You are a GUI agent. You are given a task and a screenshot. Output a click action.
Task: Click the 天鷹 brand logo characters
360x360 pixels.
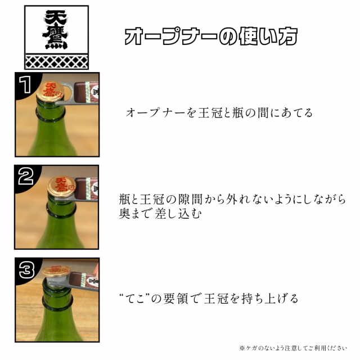coord(55,29)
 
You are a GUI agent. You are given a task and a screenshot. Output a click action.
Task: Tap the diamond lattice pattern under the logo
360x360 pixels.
coord(56,61)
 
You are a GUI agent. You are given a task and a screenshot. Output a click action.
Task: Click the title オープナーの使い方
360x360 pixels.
coord(211,36)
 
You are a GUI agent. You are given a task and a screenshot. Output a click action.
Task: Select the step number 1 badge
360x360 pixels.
coord(25,85)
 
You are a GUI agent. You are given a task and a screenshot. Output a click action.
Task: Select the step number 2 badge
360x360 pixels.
coord(26,176)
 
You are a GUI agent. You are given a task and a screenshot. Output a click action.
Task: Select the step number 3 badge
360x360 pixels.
coord(26,270)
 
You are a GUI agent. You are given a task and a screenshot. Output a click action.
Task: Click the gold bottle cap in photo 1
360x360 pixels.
coord(51,91)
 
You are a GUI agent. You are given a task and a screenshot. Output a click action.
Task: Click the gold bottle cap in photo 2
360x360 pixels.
coord(61,186)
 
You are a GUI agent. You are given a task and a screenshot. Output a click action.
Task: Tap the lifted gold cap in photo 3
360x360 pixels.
coord(56,271)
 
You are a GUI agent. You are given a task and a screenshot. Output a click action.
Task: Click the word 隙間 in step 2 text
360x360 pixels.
coord(190,199)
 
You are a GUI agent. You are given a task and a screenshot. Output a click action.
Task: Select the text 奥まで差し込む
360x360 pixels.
coord(160,213)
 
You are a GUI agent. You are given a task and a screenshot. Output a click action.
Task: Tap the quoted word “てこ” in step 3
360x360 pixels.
coord(134,298)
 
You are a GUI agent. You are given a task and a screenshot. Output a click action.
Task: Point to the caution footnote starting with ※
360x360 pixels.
coord(293,348)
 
